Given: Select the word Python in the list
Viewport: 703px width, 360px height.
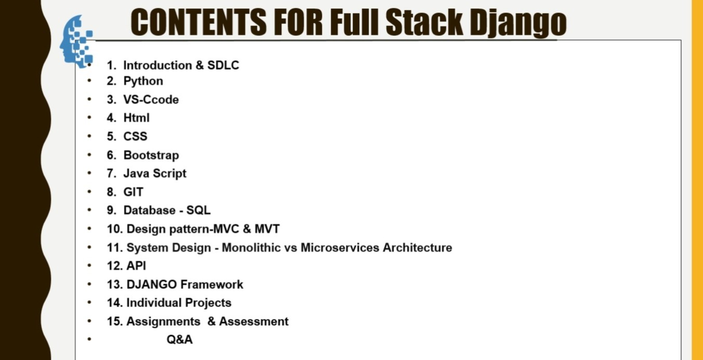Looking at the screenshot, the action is click(x=143, y=81).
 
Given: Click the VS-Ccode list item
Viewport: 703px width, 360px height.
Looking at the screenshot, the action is click(x=151, y=99).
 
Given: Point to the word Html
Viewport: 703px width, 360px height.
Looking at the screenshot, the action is click(x=136, y=118).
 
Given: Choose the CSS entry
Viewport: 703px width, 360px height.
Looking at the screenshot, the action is click(x=135, y=136).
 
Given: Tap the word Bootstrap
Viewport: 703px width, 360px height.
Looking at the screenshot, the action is click(x=151, y=155).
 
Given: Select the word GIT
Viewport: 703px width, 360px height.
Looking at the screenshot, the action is click(x=134, y=192).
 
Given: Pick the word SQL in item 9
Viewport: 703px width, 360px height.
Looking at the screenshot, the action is click(x=198, y=210).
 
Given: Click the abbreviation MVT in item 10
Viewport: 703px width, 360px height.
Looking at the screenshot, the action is click(x=267, y=229).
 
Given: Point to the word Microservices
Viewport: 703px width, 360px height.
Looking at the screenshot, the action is click(x=340, y=247).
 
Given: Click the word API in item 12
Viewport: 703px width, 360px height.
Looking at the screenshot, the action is click(x=136, y=266).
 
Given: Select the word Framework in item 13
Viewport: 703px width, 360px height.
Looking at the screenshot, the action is click(x=212, y=285).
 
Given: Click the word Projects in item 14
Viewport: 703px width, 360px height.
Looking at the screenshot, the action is click(x=208, y=303).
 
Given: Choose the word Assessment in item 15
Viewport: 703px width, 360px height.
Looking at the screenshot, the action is click(x=254, y=322).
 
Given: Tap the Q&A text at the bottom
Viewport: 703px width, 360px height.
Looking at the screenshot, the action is click(x=179, y=340).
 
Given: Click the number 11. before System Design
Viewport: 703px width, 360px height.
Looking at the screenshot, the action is click(x=115, y=247).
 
